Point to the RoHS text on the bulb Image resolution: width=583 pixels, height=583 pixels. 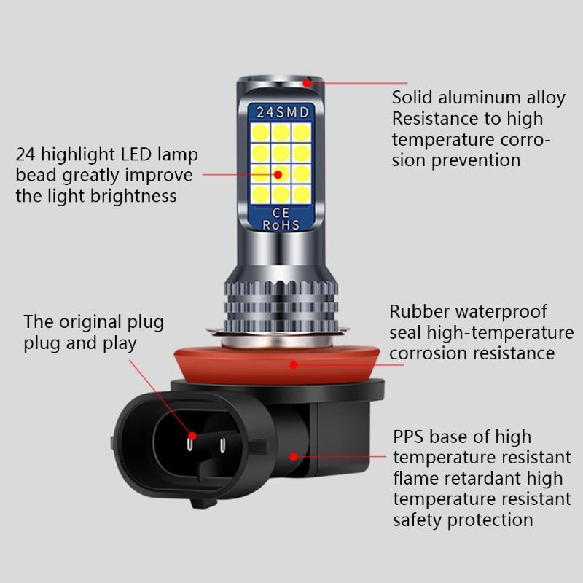coord(281,225)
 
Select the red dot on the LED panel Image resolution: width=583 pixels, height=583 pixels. coord(278,174)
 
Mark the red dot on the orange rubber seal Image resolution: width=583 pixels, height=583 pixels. coord(293,364)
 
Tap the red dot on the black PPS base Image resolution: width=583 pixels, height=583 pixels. coord(293,457)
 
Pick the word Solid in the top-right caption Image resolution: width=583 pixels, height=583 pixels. coord(412,98)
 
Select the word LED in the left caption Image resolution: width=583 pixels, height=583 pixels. coord(144,154)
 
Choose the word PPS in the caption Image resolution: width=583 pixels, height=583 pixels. coord(409,437)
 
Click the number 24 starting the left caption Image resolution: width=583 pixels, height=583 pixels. coord(26,154)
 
